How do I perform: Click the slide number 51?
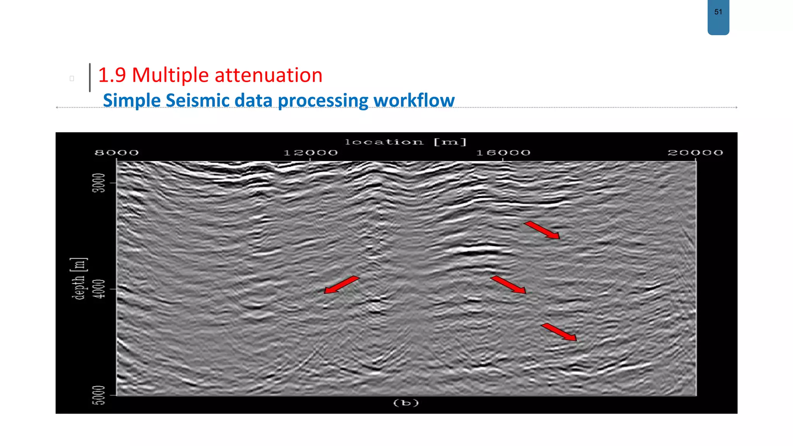click(718, 12)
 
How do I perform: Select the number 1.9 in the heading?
click(112, 75)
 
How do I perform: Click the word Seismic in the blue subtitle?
click(197, 100)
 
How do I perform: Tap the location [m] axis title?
click(406, 142)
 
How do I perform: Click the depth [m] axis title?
click(79, 278)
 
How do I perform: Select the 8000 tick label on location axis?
click(117, 153)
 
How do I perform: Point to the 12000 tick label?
click(311, 153)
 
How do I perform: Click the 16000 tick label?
click(503, 153)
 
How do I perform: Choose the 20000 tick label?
click(695, 153)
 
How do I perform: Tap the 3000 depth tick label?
click(99, 182)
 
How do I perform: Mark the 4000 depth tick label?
click(99, 289)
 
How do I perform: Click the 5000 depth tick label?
click(99, 395)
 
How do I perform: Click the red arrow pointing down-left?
click(342, 285)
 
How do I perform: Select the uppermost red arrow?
click(542, 230)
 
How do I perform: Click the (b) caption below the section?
click(406, 403)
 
